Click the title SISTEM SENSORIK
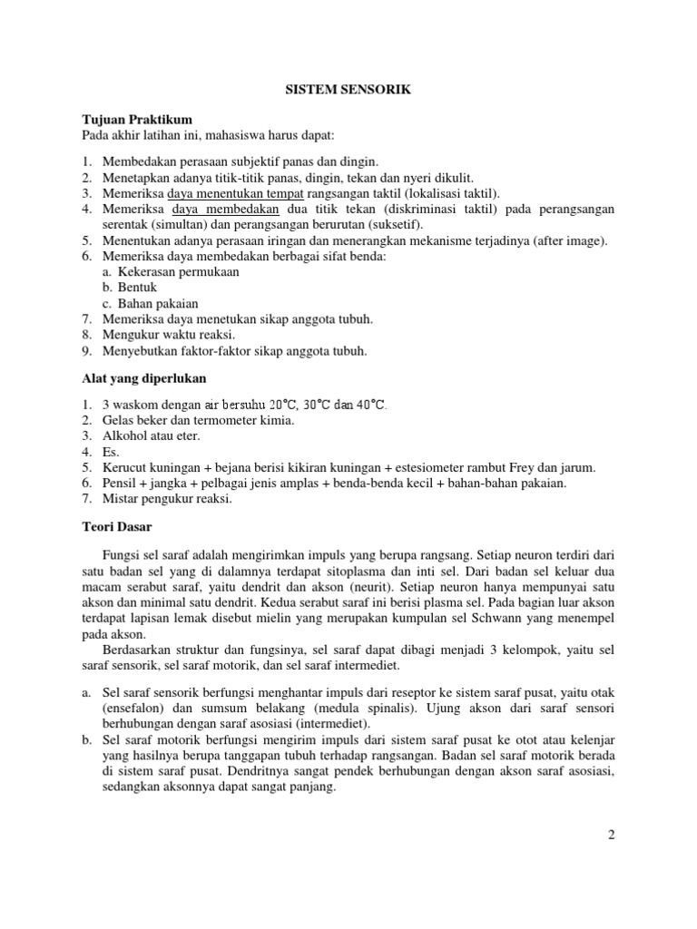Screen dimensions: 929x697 point(348,91)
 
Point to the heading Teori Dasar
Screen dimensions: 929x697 point(115,526)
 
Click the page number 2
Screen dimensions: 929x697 point(612,836)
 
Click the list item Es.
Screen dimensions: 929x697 point(110,451)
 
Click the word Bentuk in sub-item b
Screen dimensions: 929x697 point(138,288)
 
